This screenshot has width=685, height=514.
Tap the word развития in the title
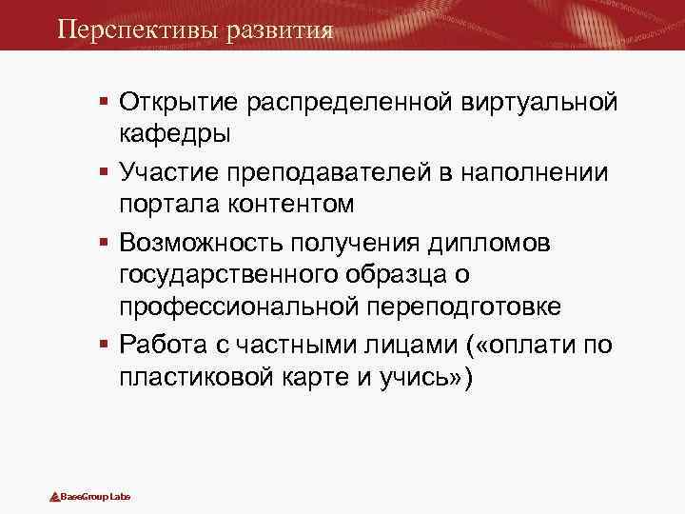(x=282, y=29)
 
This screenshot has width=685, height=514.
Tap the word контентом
(x=299, y=205)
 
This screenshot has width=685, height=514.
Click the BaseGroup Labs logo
(x=89, y=496)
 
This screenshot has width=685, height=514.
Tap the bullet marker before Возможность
(x=104, y=241)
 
